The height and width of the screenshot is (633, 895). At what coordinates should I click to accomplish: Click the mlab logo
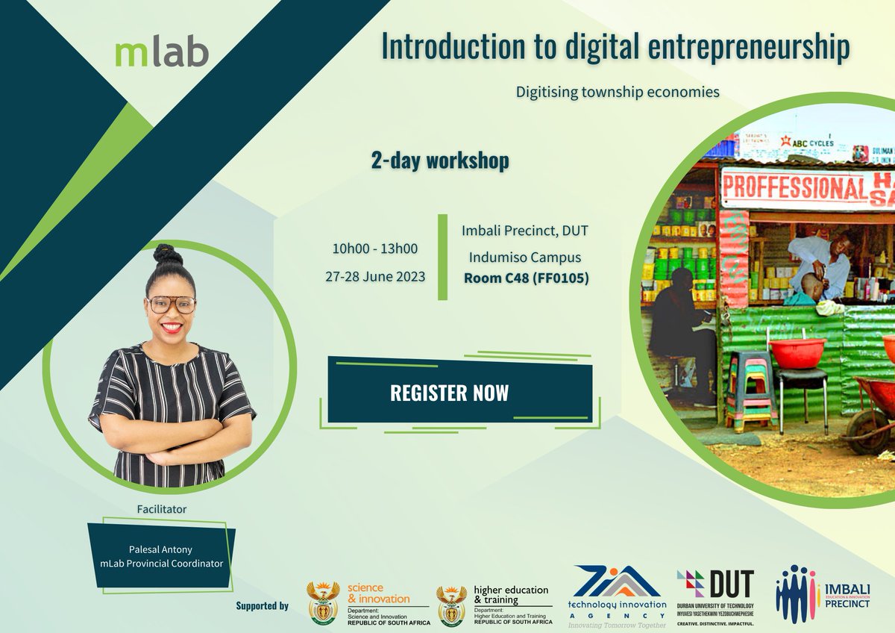click(162, 52)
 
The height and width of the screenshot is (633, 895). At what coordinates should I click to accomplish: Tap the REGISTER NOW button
click(449, 393)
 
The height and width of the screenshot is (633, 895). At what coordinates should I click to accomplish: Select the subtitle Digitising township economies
click(618, 93)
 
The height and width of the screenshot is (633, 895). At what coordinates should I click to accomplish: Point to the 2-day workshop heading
click(440, 160)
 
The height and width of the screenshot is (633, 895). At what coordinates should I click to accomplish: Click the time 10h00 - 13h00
click(374, 249)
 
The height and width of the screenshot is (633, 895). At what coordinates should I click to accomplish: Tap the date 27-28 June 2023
click(375, 276)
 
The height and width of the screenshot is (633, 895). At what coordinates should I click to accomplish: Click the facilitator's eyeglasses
click(171, 304)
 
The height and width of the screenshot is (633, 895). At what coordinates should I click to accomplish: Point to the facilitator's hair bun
click(168, 255)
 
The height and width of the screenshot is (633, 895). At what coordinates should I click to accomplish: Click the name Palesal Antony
click(161, 549)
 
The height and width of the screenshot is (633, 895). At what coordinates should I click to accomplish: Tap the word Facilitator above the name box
click(161, 509)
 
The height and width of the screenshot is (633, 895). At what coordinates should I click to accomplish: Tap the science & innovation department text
click(378, 593)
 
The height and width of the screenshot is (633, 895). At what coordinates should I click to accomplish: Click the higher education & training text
click(511, 594)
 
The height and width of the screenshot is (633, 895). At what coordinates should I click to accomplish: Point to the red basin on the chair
click(797, 352)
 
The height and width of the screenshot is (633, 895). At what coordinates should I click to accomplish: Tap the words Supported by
click(262, 605)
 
